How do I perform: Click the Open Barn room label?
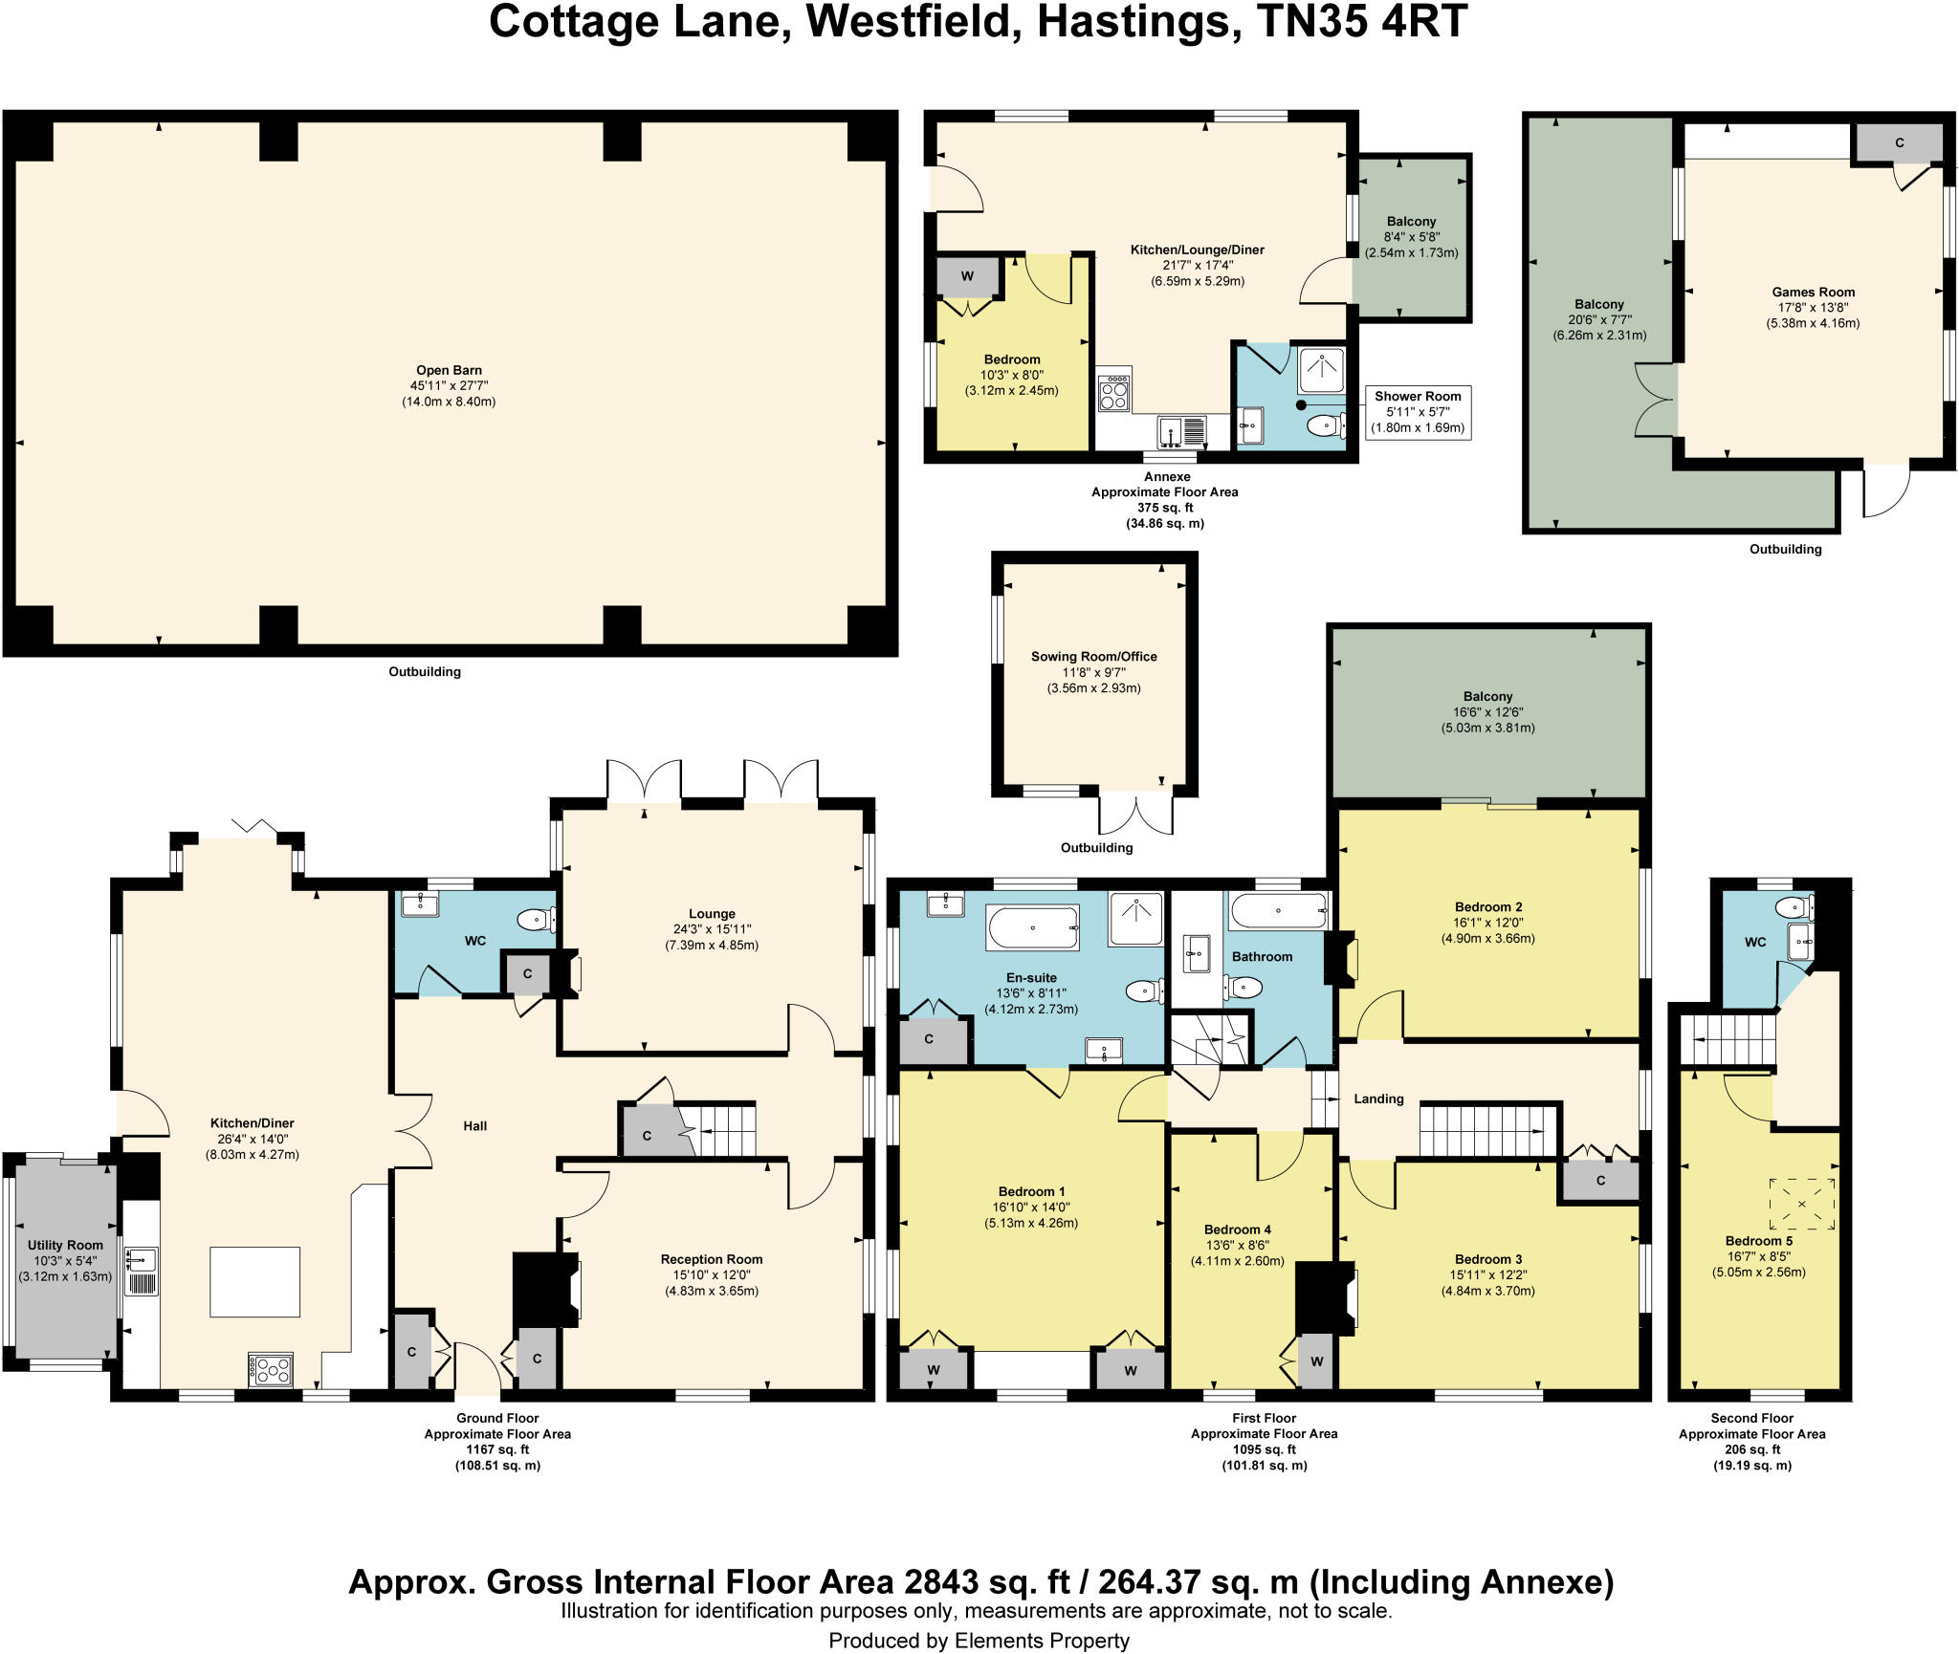(449, 370)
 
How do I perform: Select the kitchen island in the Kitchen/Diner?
(254, 1281)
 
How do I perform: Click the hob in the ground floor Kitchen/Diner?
(271, 1370)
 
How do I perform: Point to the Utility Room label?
(65, 1245)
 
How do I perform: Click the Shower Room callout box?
(1418, 412)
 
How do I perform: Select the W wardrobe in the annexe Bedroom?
(967, 277)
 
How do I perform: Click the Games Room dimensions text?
(1813, 316)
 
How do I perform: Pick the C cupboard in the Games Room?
(1899, 143)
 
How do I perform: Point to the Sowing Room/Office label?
(1093, 657)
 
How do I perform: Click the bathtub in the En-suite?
(1033, 927)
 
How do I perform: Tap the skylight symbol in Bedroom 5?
(1802, 1204)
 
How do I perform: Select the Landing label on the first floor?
(1378, 1099)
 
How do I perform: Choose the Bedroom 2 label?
(1488, 906)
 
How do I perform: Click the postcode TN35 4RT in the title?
(1361, 21)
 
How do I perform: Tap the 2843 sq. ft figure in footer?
(986, 1582)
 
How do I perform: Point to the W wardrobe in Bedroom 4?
(1316, 1361)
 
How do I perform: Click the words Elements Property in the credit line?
(1041, 1641)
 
